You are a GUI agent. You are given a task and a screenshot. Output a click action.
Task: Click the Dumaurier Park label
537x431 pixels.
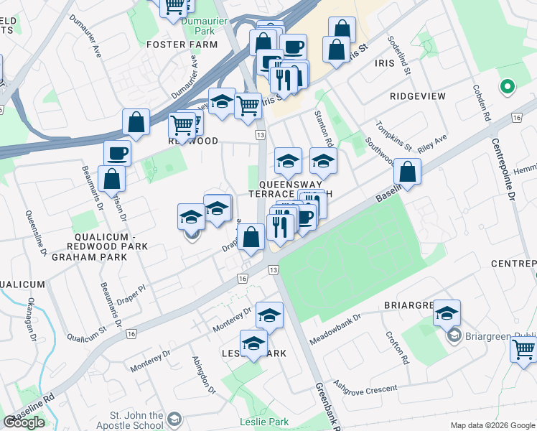(x=198, y=26)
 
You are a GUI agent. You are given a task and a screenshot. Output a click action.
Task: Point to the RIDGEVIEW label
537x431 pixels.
(x=418, y=96)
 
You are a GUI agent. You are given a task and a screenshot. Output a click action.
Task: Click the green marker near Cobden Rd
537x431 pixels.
(x=508, y=88)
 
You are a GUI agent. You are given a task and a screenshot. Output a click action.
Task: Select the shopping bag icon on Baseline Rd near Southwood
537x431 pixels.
(x=407, y=172)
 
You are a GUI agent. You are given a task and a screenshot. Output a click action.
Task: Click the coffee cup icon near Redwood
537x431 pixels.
(x=117, y=153)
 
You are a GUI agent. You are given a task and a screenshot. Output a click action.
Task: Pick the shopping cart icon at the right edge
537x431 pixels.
(x=524, y=350)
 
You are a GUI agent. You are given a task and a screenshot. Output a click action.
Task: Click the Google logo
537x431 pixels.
(x=24, y=422)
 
